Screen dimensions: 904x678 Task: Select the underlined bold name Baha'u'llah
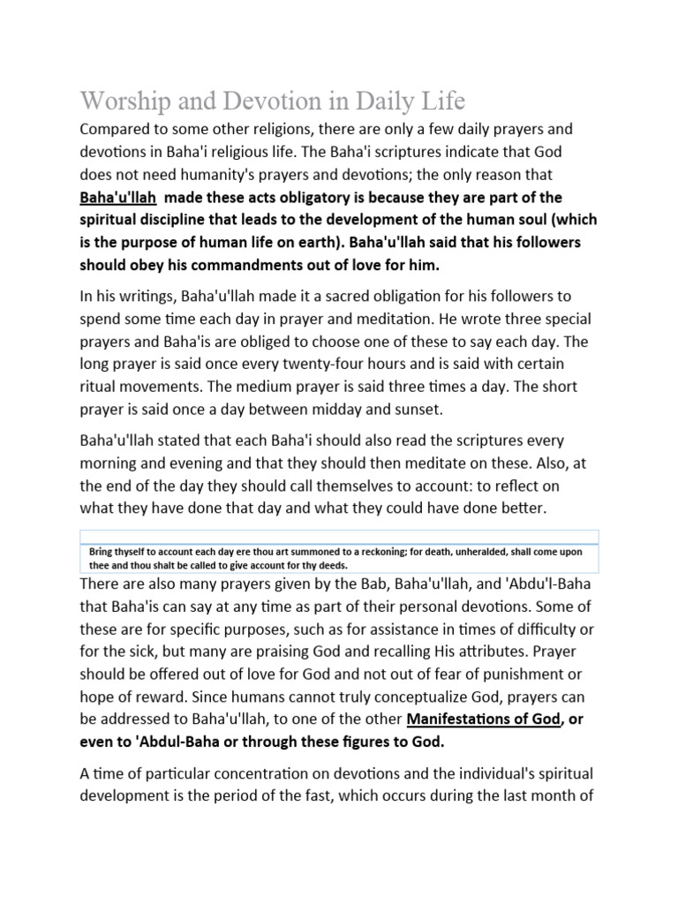click(x=120, y=197)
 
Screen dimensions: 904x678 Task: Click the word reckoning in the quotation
click(x=390, y=551)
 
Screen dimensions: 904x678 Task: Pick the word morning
click(x=114, y=463)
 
